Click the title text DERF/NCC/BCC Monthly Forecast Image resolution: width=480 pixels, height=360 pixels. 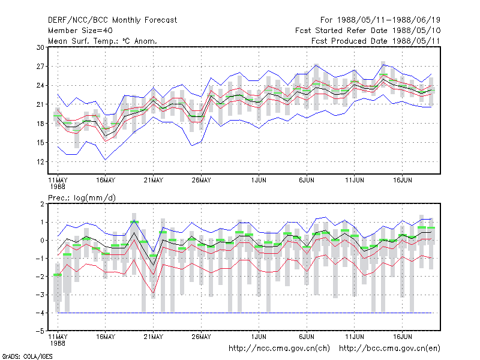tap(112, 20)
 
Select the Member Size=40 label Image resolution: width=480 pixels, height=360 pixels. tap(80, 31)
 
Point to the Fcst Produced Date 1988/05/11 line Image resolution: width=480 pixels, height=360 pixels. tap(376, 41)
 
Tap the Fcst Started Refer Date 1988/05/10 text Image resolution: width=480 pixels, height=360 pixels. tap(368, 31)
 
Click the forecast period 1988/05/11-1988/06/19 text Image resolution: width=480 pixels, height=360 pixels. tap(380, 20)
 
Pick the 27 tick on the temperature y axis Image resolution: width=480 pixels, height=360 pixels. tap(40, 67)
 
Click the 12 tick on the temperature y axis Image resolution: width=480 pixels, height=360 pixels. tap(40, 161)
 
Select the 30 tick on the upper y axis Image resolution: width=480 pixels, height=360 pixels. tap(40, 47)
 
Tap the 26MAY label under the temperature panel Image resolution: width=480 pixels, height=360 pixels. tap(201, 181)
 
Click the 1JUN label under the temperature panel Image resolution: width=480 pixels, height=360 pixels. tap(259, 181)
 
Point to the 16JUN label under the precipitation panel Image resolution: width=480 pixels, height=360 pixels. tap(402, 337)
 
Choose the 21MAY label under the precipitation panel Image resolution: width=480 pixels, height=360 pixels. tap(154, 337)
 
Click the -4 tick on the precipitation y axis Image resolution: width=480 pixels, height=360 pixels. tap(40, 313)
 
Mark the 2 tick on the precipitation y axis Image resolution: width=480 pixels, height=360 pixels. tap(42, 204)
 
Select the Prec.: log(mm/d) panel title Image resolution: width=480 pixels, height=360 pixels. tap(82, 198)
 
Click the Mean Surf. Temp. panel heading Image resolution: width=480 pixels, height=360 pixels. tap(103, 41)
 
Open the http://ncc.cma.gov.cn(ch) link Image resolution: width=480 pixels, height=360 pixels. tap(279, 349)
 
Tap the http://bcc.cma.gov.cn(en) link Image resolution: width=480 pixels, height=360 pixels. tap(389, 349)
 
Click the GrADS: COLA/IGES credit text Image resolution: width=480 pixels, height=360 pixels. tap(27, 356)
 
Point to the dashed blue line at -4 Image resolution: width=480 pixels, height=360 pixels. tap(245, 313)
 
